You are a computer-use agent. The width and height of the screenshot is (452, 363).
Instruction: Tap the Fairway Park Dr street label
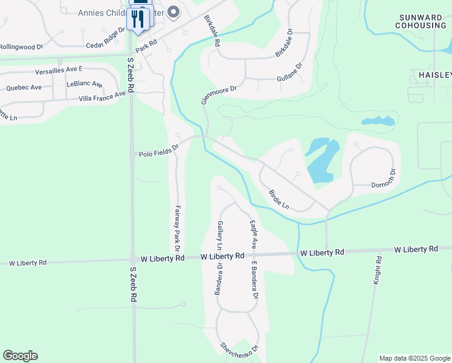tap(178, 228)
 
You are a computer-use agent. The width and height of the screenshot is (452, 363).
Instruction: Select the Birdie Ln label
tap(279, 199)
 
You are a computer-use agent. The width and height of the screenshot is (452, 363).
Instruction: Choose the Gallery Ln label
tap(220, 235)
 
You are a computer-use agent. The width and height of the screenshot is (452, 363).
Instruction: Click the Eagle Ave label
tap(254, 235)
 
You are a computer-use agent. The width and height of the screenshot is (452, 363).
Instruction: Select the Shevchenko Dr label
tap(239, 346)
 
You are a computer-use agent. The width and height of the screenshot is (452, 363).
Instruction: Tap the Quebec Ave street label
tap(24, 87)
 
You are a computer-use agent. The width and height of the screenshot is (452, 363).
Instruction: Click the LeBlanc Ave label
tap(85, 83)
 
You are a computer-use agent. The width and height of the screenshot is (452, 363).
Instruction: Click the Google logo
tap(20, 356)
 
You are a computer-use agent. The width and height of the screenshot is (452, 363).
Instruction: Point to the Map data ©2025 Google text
tap(415, 358)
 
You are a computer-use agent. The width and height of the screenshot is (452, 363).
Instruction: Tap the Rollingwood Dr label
tap(22, 47)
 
